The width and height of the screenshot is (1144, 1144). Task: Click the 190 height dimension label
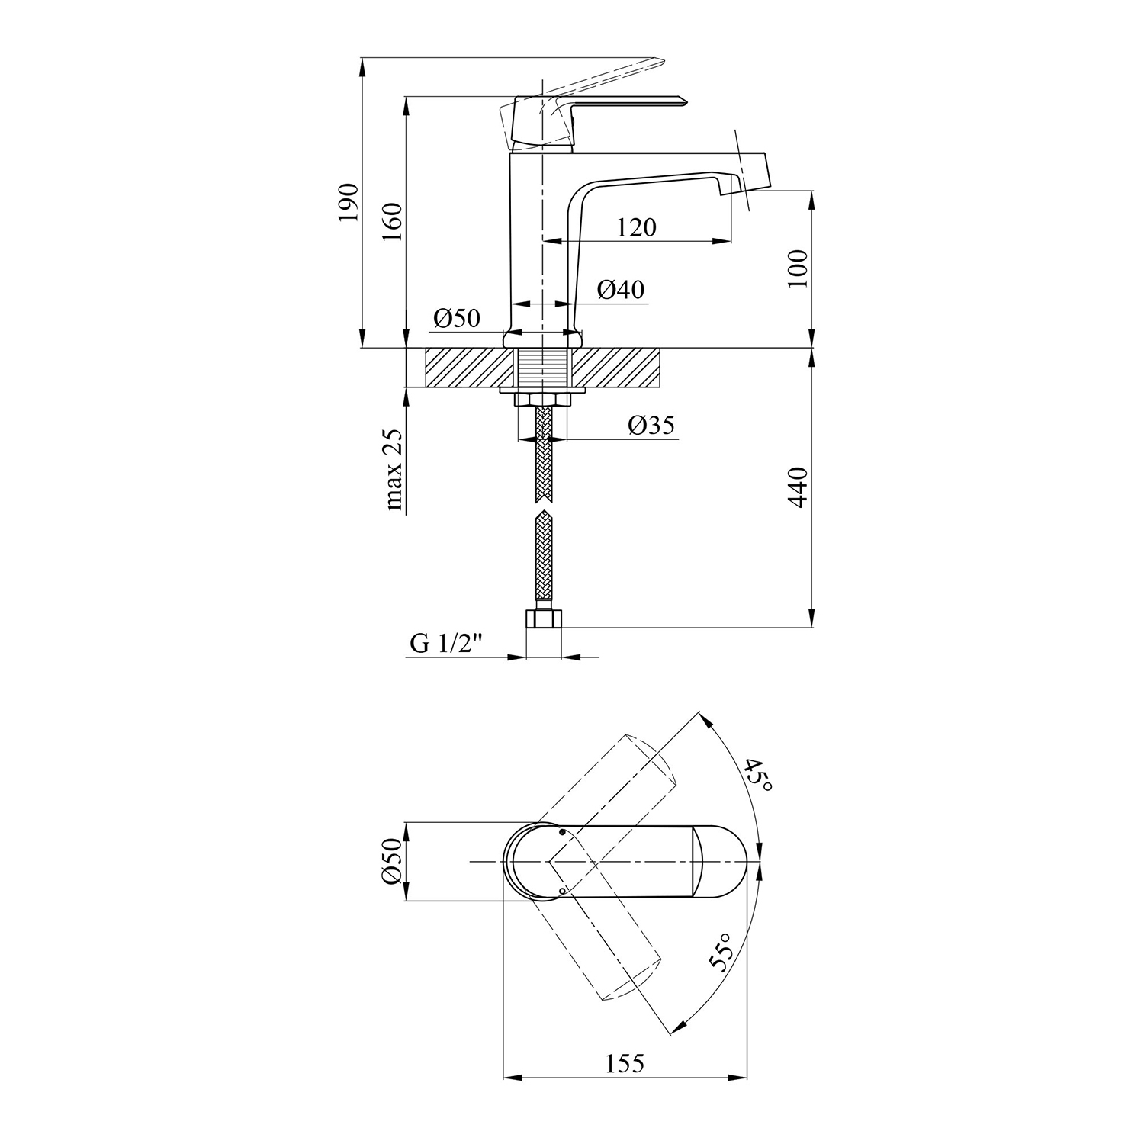[348, 202]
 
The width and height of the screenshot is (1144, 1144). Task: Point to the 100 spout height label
[798, 268]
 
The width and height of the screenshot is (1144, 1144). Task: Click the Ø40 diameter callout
[621, 289]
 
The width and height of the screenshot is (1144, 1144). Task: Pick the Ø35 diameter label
[651, 425]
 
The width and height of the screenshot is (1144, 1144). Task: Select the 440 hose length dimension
[798, 487]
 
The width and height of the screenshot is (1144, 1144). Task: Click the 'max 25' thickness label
[394, 469]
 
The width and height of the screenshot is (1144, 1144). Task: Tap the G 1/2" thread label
[448, 644]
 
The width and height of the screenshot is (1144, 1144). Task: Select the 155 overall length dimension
[625, 1062]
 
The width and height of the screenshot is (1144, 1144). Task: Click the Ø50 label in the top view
[391, 861]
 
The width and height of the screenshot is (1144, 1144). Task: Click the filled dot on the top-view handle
[562, 833]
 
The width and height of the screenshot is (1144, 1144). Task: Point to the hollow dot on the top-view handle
[562, 890]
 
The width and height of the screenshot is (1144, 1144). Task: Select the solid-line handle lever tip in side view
[683, 99]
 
